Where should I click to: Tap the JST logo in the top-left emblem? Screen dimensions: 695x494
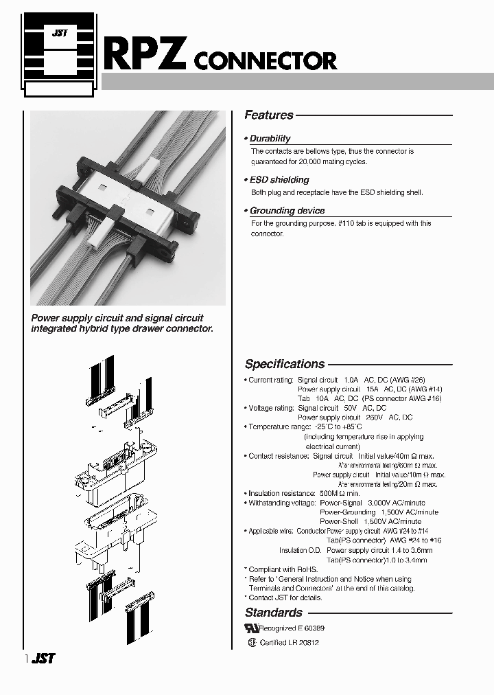(59, 33)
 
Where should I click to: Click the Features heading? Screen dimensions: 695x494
(269, 115)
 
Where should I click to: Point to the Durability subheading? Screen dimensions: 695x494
(270, 138)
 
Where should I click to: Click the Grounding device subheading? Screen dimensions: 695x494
(287, 211)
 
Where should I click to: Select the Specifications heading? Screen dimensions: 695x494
(285, 364)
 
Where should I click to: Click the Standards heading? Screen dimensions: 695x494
(273, 612)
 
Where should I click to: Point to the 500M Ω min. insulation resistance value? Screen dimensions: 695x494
(340, 493)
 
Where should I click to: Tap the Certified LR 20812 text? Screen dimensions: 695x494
(289, 643)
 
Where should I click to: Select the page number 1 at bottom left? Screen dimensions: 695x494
(27, 659)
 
